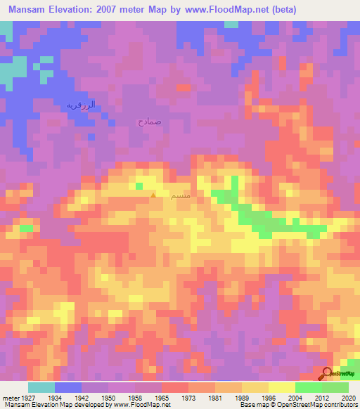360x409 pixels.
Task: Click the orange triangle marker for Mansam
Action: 153,195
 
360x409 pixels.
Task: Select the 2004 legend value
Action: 295,396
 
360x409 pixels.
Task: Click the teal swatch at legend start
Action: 41,387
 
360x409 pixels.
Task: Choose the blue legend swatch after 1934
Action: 68,387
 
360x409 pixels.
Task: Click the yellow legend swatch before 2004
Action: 282,387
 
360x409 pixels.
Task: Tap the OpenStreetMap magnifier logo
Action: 327,373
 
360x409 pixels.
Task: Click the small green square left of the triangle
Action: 139,186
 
